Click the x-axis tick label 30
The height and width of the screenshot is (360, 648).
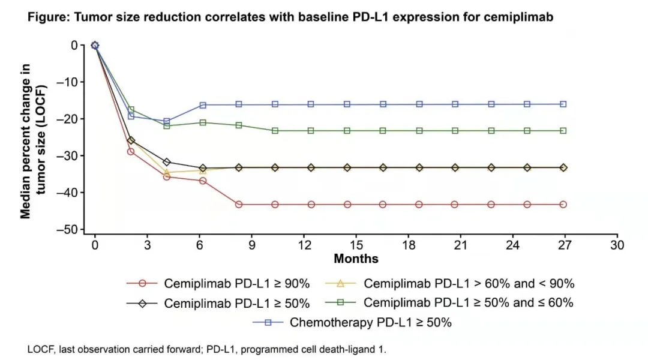click(x=617, y=245)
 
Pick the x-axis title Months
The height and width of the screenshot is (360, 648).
click(x=356, y=259)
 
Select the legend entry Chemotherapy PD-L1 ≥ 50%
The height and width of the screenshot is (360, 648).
click(x=371, y=322)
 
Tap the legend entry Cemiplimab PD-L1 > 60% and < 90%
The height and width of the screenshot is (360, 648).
click(x=469, y=283)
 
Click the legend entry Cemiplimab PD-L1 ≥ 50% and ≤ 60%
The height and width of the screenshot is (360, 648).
click(x=468, y=302)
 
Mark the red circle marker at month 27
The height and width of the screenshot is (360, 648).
click(x=563, y=205)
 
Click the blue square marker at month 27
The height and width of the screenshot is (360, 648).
click(x=563, y=104)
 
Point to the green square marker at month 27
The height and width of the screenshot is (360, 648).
click(x=563, y=130)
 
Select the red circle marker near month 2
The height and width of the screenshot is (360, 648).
click(x=131, y=151)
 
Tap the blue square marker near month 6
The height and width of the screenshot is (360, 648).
click(x=203, y=105)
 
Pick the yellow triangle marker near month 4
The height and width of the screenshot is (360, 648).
click(x=167, y=173)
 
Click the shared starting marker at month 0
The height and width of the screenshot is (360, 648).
click(x=95, y=45)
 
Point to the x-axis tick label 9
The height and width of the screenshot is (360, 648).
click(x=251, y=245)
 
